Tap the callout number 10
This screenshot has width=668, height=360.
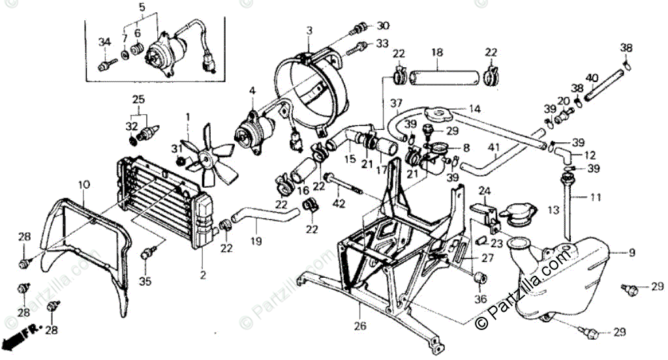pos(83,185)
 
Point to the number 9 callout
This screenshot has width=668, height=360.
pos(631,252)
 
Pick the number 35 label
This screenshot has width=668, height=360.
pos(145,282)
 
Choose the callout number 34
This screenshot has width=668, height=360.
pos(103,42)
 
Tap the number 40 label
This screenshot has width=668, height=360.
pos(592,78)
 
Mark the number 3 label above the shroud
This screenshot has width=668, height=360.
pos(309,30)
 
